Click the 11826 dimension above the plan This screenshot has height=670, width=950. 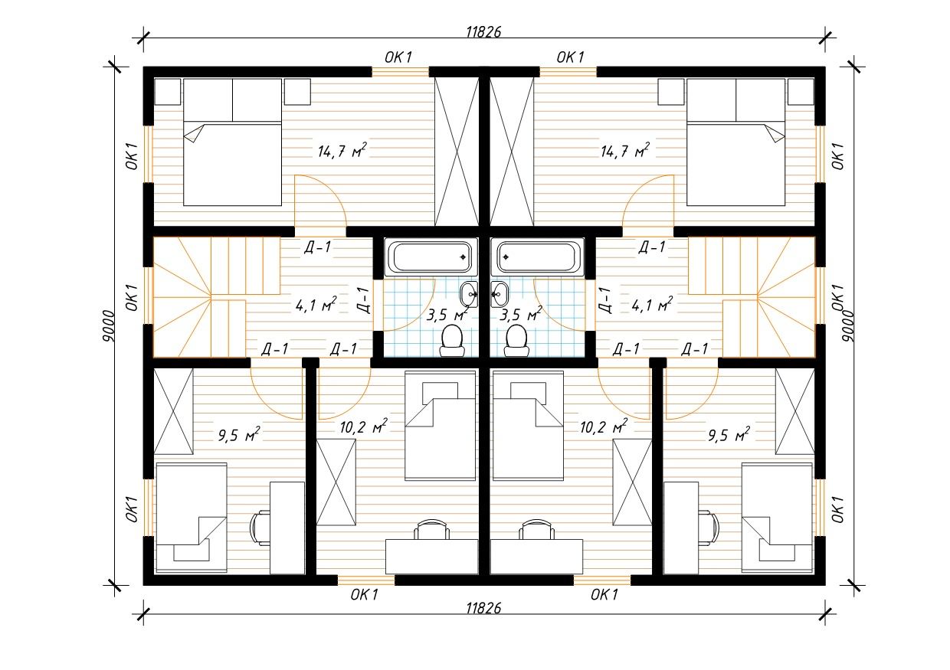click(x=483, y=32)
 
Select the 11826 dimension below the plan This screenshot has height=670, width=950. click(x=483, y=609)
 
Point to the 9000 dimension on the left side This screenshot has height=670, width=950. click(x=109, y=326)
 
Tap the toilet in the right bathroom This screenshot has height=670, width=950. click(x=516, y=341)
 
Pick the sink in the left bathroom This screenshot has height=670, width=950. click(x=470, y=294)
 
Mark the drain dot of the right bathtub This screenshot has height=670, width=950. click(x=506, y=257)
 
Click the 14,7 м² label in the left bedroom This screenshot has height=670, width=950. click(x=342, y=150)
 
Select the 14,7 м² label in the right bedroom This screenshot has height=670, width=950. click(x=625, y=150)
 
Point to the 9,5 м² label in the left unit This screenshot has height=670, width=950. click(x=239, y=434)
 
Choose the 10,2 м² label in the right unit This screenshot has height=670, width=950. click(x=604, y=427)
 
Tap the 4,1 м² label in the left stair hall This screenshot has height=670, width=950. click(x=316, y=304)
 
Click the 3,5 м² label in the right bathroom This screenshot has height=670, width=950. click(x=520, y=314)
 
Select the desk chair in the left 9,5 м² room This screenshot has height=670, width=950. click(x=260, y=528)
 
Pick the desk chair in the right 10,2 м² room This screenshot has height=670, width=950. click(x=537, y=530)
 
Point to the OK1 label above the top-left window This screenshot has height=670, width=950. click(x=398, y=57)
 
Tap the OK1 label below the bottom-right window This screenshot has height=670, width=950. click(x=604, y=594)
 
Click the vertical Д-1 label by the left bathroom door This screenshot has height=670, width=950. click(x=363, y=300)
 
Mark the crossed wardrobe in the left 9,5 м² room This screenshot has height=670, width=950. click(x=173, y=411)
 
